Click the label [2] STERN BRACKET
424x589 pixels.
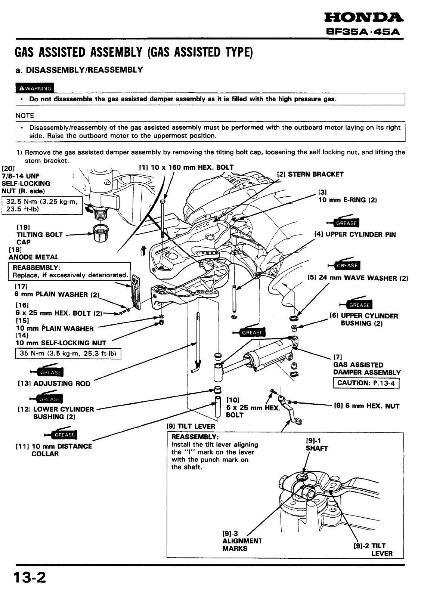310,174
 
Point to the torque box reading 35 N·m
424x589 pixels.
68,354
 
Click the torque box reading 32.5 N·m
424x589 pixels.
42,206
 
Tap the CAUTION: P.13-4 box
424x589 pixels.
366,383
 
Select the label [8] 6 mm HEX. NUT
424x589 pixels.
366,406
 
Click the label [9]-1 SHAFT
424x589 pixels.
316,445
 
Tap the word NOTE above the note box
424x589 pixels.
25,115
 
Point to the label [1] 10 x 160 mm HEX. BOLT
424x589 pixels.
186,167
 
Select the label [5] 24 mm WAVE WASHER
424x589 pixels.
358,278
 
